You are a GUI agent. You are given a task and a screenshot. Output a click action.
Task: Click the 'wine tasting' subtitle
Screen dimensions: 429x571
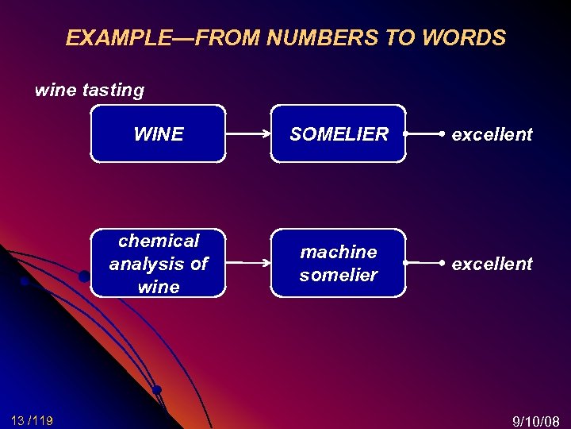(x=90, y=91)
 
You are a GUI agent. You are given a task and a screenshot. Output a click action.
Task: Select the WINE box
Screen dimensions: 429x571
(x=158, y=134)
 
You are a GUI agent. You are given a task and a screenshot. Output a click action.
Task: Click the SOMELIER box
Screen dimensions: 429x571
(x=339, y=134)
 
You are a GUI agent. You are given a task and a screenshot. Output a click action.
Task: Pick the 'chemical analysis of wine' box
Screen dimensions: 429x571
(x=158, y=263)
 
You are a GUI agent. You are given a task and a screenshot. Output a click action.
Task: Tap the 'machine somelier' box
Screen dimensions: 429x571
(x=339, y=263)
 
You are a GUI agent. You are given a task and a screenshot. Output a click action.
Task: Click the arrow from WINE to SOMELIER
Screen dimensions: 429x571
(x=248, y=134)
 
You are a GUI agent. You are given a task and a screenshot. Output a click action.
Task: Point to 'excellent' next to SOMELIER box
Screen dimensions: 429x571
(x=492, y=134)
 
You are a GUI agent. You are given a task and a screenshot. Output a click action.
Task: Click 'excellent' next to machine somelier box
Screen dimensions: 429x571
(x=492, y=263)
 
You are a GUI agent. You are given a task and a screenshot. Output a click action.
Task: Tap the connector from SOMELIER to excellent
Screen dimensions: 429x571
(x=423, y=134)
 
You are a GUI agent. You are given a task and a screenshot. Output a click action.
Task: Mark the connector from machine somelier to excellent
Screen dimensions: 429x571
(x=423, y=262)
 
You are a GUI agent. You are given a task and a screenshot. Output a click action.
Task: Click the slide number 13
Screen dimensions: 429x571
(x=18, y=420)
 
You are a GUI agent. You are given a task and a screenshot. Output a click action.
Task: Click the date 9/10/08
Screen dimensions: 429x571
(x=536, y=420)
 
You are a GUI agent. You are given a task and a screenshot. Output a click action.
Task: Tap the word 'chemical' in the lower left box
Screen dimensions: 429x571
(x=159, y=241)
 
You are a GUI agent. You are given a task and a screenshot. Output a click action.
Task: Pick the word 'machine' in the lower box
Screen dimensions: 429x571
(x=339, y=252)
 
